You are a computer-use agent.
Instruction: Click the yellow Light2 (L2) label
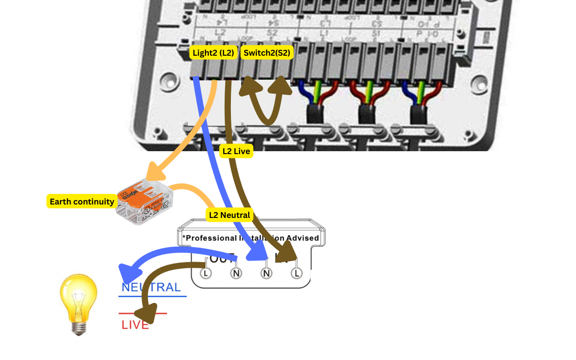click(x=213, y=53)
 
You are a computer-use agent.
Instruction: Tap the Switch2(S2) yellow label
click(x=267, y=53)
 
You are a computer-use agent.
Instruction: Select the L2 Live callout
click(x=236, y=151)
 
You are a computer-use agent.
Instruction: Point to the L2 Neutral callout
click(x=230, y=215)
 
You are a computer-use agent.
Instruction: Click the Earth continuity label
click(x=82, y=202)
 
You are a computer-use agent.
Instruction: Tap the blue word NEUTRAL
click(x=151, y=288)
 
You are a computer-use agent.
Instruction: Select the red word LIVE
click(x=135, y=325)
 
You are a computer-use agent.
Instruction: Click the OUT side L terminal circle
click(x=205, y=273)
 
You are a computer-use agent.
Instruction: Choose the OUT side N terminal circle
click(x=236, y=273)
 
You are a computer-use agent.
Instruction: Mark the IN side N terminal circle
click(x=266, y=273)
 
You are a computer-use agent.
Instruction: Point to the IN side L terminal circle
click(x=297, y=273)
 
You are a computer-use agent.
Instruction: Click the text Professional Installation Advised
click(x=251, y=238)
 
